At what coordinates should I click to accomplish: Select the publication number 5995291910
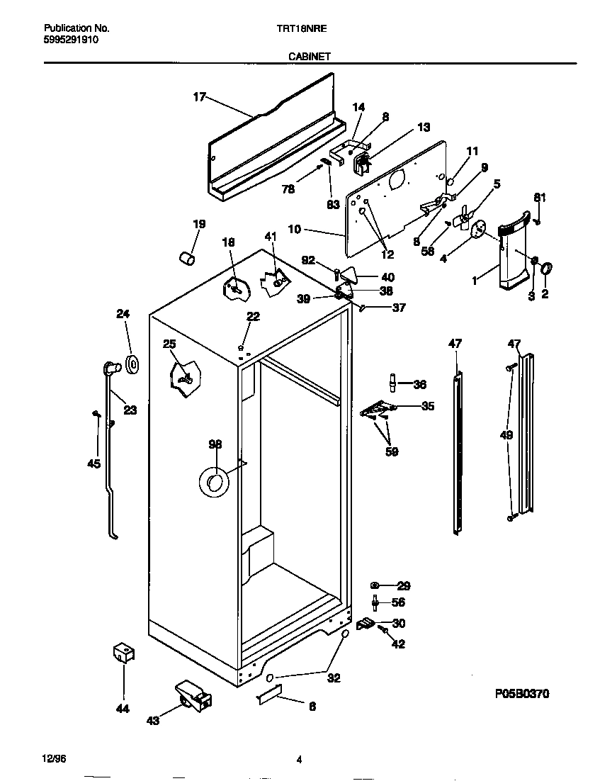point(71,40)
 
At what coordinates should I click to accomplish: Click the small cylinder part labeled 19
point(186,258)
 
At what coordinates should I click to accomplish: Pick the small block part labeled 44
point(123,653)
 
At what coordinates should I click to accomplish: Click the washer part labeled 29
point(376,585)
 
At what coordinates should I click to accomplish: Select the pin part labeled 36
point(391,383)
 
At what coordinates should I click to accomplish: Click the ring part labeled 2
point(547,269)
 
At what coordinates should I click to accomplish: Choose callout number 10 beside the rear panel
point(295,229)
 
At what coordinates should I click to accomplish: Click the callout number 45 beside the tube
point(93,464)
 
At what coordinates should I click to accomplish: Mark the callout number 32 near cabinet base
point(334,678)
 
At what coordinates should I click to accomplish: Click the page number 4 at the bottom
point(299,760)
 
